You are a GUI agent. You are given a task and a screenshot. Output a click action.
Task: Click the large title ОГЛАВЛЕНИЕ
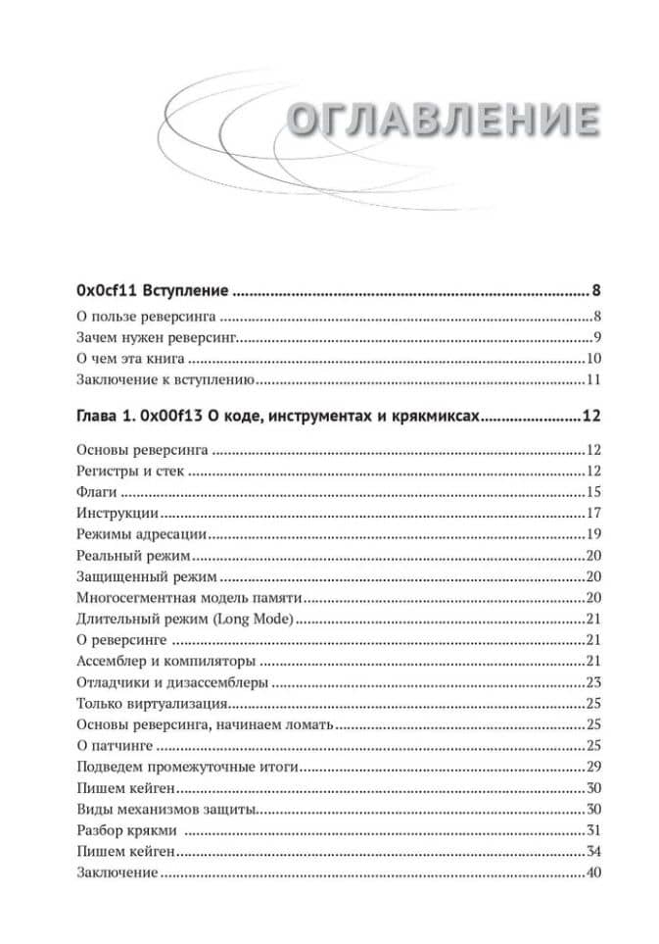[444, 120]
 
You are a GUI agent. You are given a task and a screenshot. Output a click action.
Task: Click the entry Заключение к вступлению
[165, 380]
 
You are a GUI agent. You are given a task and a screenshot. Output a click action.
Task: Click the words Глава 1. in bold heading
[106, 417]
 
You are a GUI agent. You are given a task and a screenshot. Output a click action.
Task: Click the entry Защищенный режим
[132, 576]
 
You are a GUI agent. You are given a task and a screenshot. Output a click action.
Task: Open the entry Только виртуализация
[152, 704]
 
